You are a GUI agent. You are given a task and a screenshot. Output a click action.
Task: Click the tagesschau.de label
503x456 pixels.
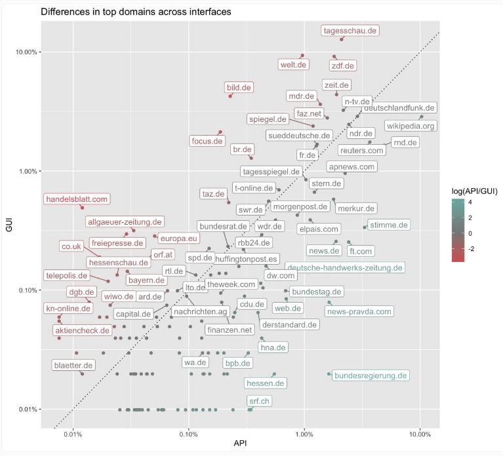pyautogui.click(x=351, y=31)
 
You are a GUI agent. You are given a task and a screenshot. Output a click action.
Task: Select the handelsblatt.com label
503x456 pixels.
pyautogui.click(x=77, y=199)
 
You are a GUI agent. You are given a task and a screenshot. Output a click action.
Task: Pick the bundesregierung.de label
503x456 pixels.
pyautogui.click(x=371, y=375)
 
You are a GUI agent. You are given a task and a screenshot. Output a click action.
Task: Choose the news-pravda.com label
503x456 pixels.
pyautogui.click(x=359, y=311)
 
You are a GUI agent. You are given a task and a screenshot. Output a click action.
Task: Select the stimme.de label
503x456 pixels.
pyautogui.click(x=389, y=225)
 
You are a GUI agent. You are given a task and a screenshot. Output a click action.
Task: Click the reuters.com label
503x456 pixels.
pyautogui.click(x=361, y=151)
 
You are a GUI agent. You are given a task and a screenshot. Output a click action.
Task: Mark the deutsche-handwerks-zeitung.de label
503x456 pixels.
pyautogui.click(x=344, y=268)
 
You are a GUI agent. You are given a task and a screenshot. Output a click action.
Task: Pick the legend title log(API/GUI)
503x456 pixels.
pyautogui.click(x=474, y=191)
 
